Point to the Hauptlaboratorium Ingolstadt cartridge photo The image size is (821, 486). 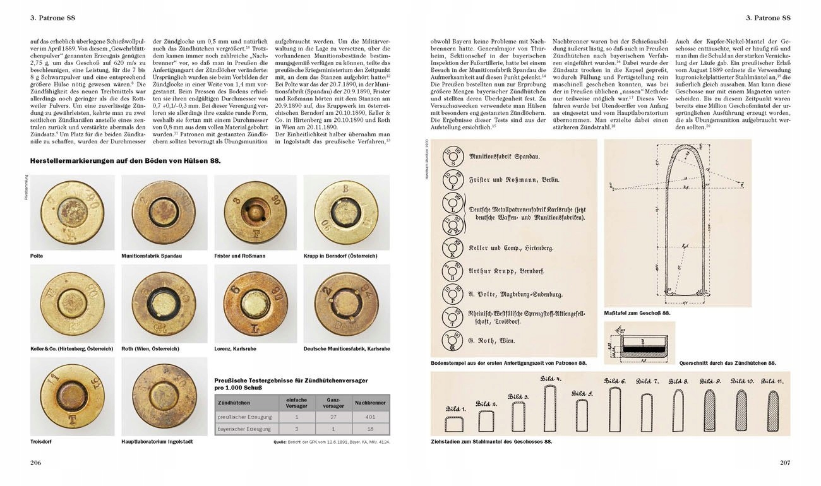click(161, 395)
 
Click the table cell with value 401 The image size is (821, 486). click(369, 418)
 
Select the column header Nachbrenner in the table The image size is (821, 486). click(369, 403)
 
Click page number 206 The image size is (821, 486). click(35, 463)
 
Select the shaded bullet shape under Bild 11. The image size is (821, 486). click(773, 412)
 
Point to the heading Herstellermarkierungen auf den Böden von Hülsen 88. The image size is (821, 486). click(126, 161)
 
